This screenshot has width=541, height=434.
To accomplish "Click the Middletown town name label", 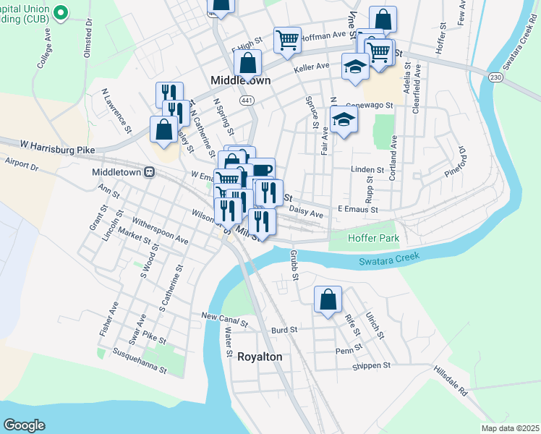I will coord(240,81).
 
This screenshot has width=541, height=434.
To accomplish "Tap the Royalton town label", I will coord(260,357).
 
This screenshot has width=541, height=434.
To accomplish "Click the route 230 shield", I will coord(494,77).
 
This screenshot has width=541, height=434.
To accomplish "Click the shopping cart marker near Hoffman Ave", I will coord(287,41).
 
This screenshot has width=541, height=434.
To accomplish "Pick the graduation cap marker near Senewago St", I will coord(344,119).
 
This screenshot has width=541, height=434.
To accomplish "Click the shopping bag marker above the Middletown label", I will coord(247,63).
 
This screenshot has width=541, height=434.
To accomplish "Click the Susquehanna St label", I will coord(140,361).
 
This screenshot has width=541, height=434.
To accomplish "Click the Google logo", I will coord(25,425).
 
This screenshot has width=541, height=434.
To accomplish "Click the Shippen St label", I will coord(371,366).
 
